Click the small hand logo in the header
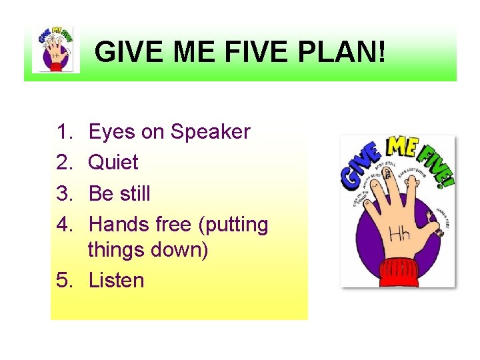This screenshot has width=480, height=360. pyautogui.click(x=56, y=51)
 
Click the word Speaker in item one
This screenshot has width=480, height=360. pyautogui.click(x=210, y=132)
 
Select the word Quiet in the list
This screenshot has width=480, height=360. pyautogui.click(x=113, y=163)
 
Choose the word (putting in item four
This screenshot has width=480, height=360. pyautogui.click(x=232, y=225)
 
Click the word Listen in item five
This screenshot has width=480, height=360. pyautogui.click(x=116, y=280)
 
